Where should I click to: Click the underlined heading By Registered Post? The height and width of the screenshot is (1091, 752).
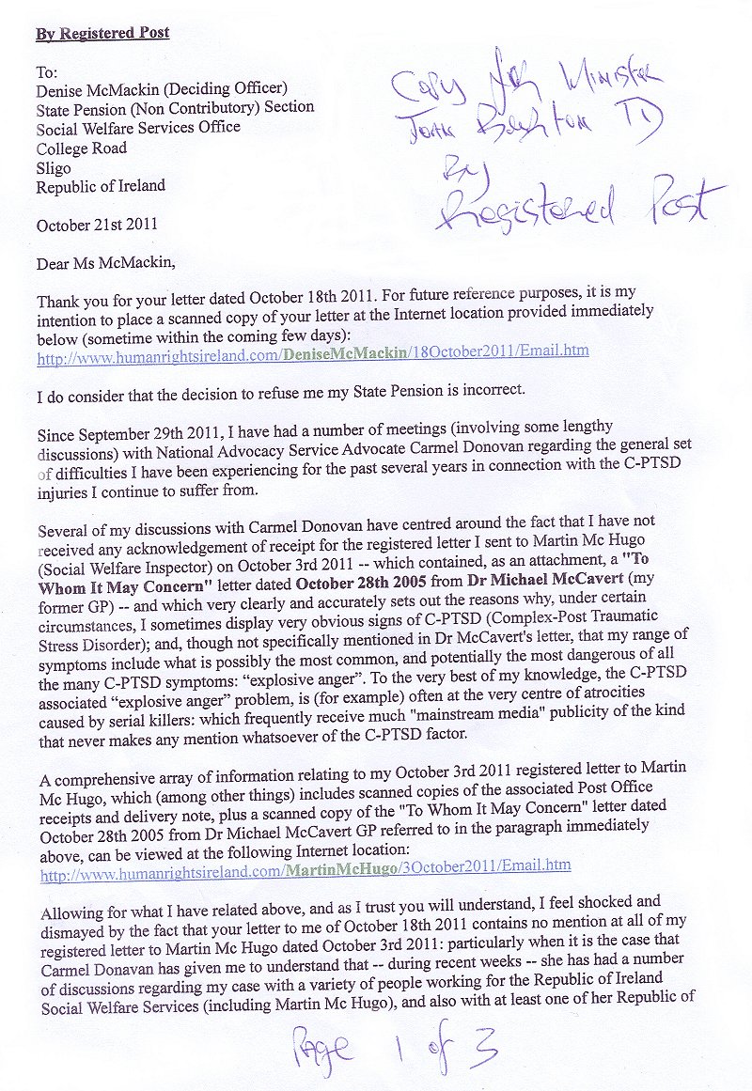[x=102, y=34]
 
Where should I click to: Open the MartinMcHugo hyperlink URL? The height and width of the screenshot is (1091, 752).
[x=305, y=866]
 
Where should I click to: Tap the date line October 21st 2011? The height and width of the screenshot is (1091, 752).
[x=96, y=226]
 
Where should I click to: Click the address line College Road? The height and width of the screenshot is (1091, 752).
[x=82, y=148]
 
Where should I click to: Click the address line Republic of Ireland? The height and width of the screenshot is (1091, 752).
[x=101, y=186]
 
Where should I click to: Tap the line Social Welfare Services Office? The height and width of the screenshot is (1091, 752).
[x=138, y=127]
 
